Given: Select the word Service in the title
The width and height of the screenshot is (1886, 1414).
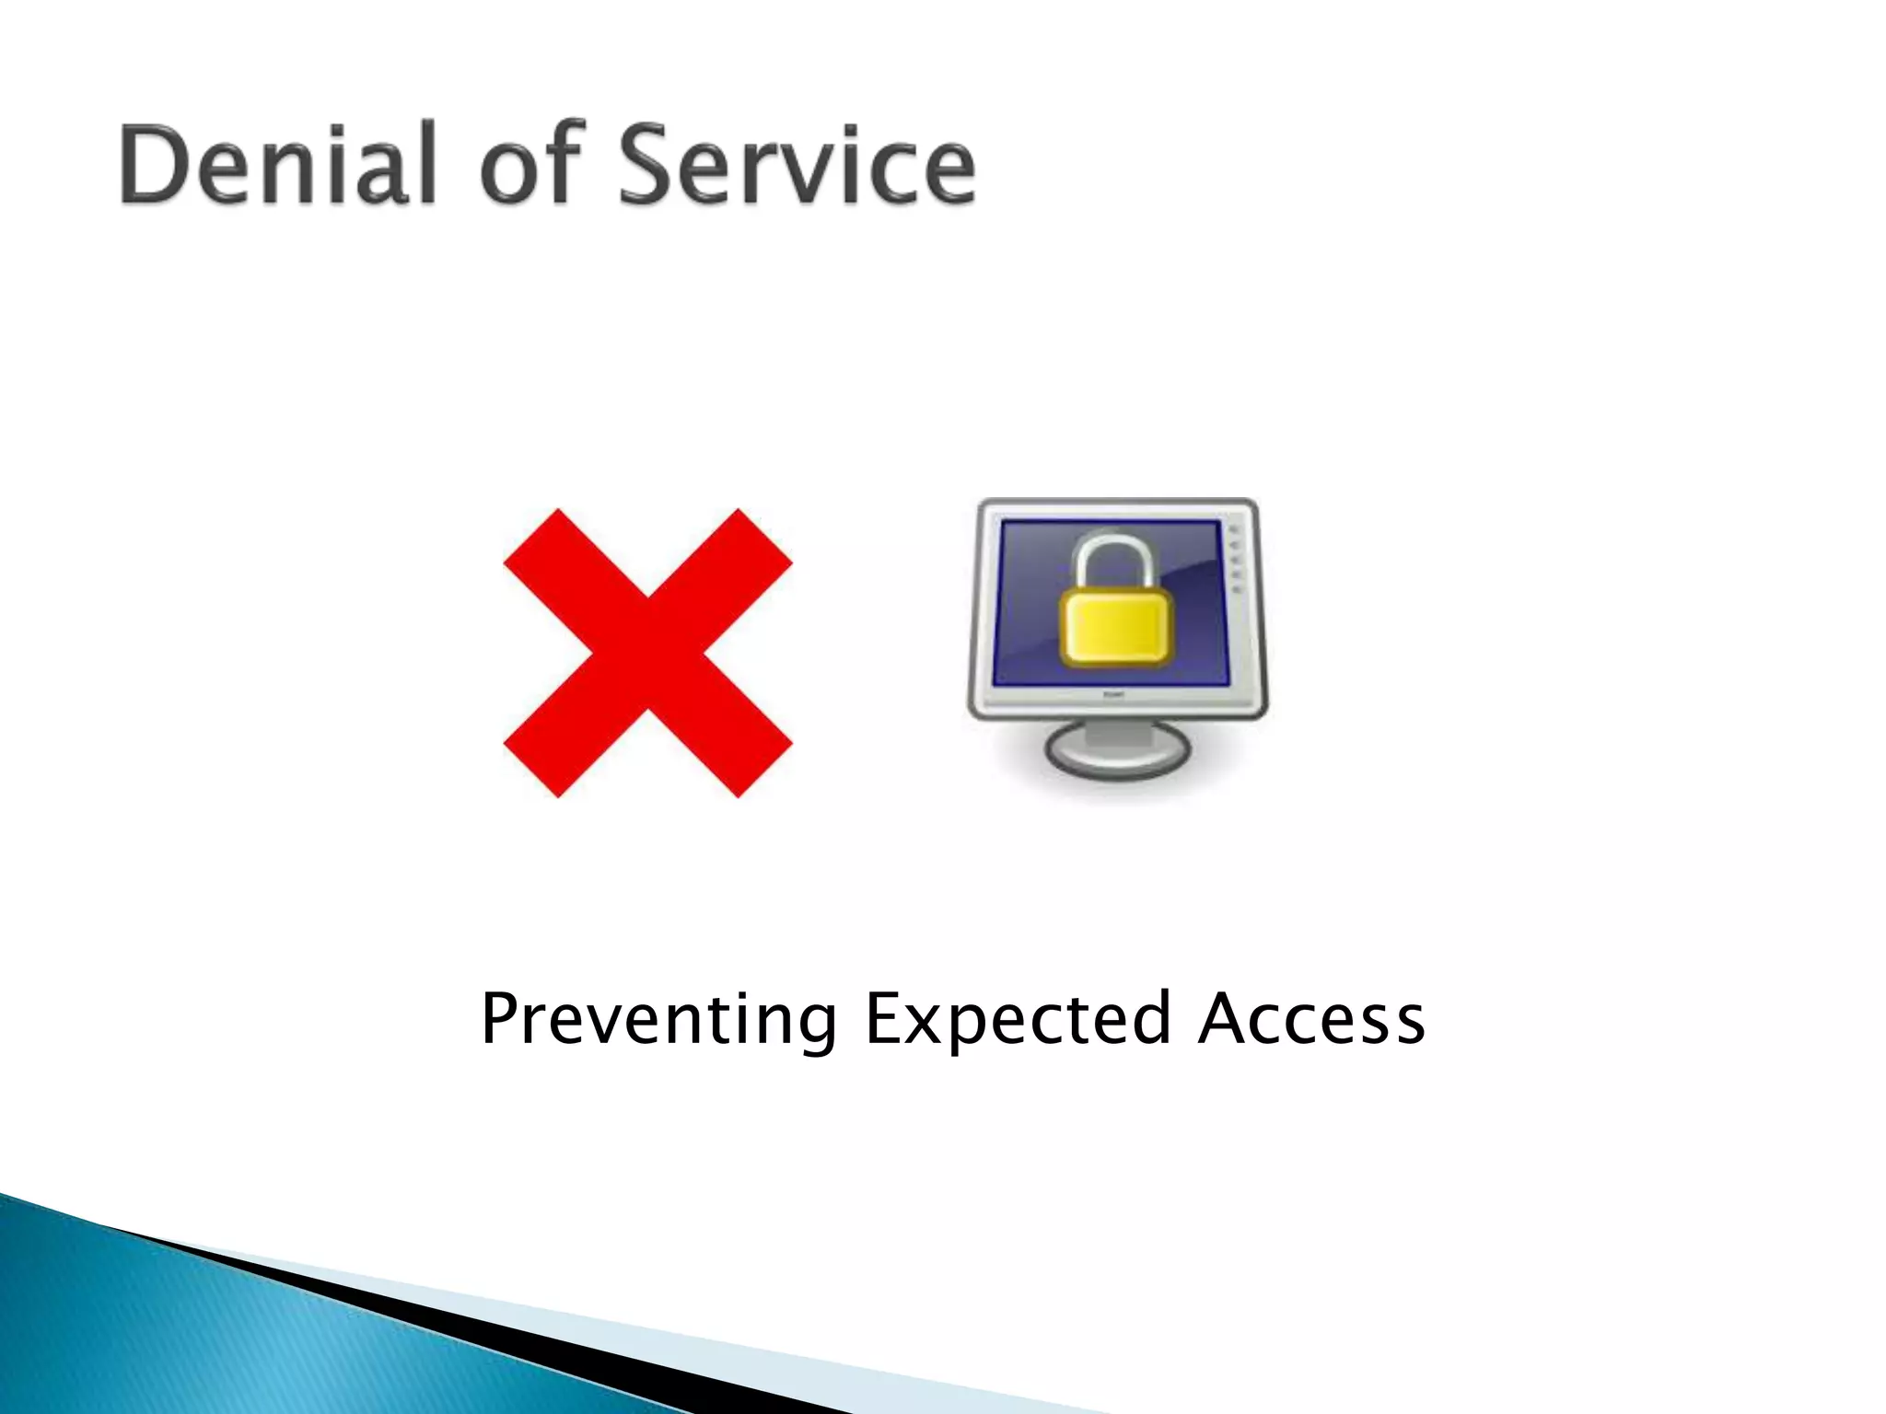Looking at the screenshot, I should point(797,166).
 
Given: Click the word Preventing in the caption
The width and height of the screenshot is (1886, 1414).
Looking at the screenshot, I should point(658,1019).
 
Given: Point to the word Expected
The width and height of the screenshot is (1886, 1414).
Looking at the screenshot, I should point(1018,1019).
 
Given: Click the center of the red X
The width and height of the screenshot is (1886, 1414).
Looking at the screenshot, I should point(647,653).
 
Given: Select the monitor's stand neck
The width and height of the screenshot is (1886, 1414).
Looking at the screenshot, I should point(1117,732).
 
